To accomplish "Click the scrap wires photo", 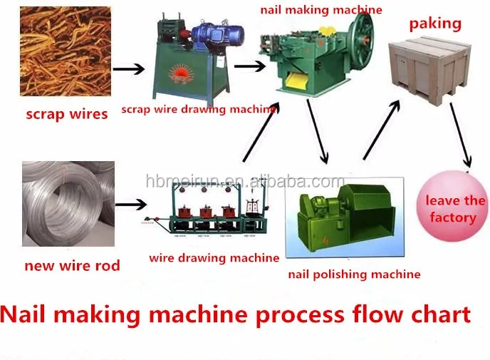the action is tap(66, 51).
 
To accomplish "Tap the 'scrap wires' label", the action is tap(67, 115).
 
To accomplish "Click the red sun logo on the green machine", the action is tap(181, 74).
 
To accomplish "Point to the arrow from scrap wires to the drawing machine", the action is tap(128, 69).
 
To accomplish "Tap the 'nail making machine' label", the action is tap(321, 10).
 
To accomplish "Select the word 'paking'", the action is tap(435, 24).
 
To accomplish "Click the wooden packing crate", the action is tap(430, 70).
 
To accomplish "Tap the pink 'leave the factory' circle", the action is tap(452, 207).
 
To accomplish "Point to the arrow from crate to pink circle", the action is tap(461, 135).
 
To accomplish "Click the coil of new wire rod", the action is tap(68, 204).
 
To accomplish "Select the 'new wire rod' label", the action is tap(72, 266).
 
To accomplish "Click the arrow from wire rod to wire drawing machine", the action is tap(131, 205).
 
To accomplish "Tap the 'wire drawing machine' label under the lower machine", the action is tap(214, 258).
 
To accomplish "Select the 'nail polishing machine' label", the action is tap(355, 274).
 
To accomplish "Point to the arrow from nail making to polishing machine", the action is tap(317, 131).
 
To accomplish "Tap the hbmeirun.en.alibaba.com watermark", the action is tap(245, 181).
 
